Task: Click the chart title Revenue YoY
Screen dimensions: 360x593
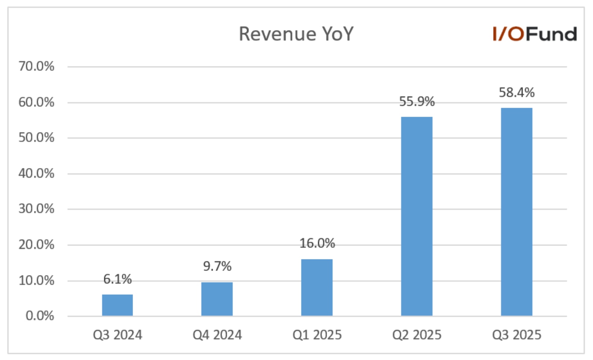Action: coord(296,34)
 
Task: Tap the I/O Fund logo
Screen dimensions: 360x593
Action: coord(535,34)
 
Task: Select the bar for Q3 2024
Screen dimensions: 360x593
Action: coord(117,305)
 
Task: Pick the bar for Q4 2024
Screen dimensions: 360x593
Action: coord(217,299)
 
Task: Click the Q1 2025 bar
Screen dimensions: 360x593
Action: coord(317,287)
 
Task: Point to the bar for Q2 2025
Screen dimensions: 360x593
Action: coord(416,216)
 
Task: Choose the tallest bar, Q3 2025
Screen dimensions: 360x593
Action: coord(516,212)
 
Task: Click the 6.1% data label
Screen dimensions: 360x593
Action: coord(117,279)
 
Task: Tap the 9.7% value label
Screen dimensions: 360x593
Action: coord(217,266)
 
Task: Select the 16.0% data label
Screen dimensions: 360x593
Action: coord(317,243)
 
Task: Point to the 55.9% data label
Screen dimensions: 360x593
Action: coord(417,101)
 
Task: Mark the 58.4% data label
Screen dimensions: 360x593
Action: coord(517,92)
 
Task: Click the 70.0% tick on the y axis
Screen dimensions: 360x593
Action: coord(37,66)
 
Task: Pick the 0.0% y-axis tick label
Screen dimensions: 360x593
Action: coord(40,316)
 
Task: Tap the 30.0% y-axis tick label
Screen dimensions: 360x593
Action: coord(37,209)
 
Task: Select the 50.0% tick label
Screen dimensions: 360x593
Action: coord(37,138)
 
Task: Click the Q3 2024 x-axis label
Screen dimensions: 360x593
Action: coord(117,335)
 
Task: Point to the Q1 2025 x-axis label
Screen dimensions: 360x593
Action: coord(317,335)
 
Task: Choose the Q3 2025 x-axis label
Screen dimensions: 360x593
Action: coord(517,335)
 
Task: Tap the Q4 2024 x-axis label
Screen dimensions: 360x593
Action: coord(217,335)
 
